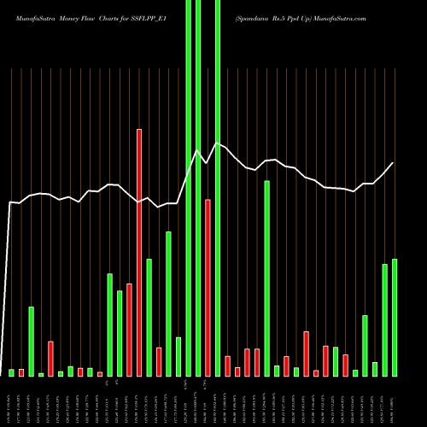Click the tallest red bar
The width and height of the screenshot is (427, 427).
(x=139, y=252)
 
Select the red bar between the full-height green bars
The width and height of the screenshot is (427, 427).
(x=208, y=288)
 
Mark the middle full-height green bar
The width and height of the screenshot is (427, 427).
(x=198, y=188)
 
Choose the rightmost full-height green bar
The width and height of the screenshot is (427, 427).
(x=218, y=188)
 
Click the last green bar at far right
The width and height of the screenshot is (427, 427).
(x=395, y=317)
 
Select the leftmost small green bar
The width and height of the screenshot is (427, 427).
(x=12, y=372)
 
